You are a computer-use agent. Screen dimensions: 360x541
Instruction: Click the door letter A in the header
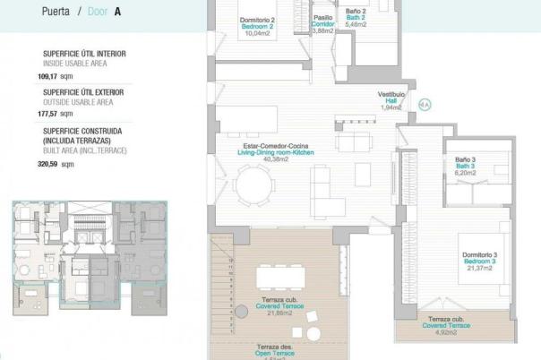pyautogui.click(x=117, y=13)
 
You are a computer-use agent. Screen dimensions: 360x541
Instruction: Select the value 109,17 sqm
pyautogui.click(x=61, y=76)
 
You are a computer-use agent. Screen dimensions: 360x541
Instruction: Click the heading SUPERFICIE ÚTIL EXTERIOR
pyautogui.click(x=83, y=91)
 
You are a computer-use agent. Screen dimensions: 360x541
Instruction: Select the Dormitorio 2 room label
pyautogui.click(x=256, y=21)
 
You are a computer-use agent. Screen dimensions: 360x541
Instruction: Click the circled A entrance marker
pyautogui.click(x=425, y=103)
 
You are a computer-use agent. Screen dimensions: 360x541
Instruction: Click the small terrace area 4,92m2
pyautogui.click(x=445, y=332)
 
